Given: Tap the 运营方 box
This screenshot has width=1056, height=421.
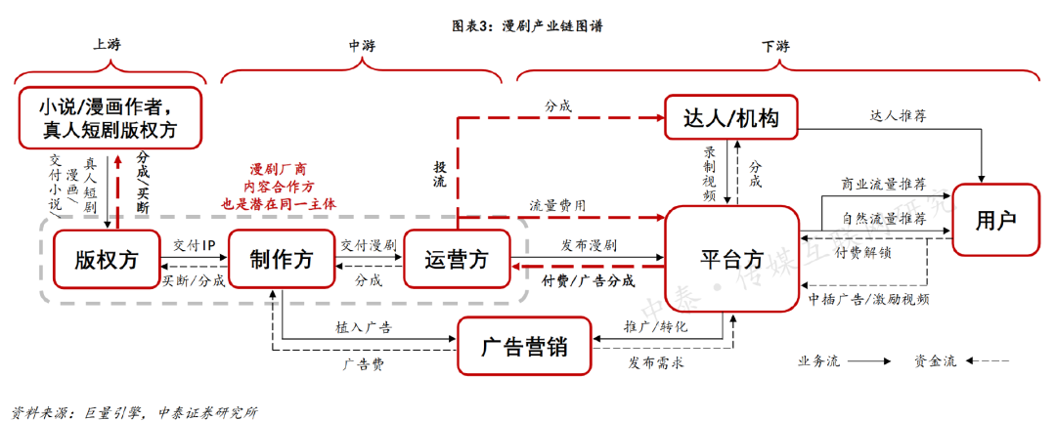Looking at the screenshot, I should point(457,259).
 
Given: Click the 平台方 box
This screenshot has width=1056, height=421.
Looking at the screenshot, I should point(731,259).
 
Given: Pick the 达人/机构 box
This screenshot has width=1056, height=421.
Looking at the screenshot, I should point(730,118).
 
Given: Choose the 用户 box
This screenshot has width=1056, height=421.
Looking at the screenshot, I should point(995,221).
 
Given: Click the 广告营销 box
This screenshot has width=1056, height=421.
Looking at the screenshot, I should point(525,347).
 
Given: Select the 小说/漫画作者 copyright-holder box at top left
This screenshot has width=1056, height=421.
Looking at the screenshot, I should point(109,117).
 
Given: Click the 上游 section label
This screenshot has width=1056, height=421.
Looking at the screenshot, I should point(108,46).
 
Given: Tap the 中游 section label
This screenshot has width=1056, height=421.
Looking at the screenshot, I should point(362,46).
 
